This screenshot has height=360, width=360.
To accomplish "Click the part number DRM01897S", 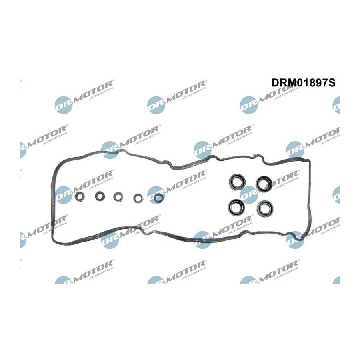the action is [303, 83].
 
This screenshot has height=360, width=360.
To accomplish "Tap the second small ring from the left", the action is [100, 196].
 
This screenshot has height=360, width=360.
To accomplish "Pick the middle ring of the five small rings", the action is [118, 197].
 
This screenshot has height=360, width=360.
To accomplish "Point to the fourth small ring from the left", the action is [138, 198].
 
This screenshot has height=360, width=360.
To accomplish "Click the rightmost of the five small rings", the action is [159, 198].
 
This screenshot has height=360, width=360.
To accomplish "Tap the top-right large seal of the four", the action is [264, 184].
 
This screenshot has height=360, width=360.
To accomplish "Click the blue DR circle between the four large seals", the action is [249, 195].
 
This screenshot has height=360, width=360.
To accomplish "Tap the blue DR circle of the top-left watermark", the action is [64, 105].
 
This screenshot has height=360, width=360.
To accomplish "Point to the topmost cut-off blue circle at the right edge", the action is [336, 105].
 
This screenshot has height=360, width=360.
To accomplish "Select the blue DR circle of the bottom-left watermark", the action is [64, 280].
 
